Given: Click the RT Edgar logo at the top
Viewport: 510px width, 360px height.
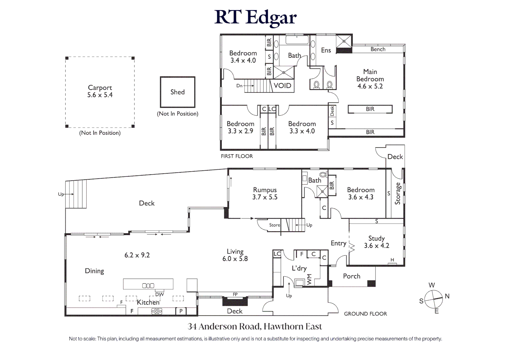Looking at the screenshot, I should click(x=255, y=17).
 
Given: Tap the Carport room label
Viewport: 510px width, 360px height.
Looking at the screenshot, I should click(x=100, y=87).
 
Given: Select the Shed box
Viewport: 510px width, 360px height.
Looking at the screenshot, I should click(x=177, y=92).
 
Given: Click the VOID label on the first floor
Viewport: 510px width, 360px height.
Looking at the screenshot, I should click(x=283, y=86).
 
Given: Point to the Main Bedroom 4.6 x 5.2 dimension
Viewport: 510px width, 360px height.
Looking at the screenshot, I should click(x=370, y=86).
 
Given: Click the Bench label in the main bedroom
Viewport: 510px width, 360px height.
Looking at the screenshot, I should click(x=378, y=49).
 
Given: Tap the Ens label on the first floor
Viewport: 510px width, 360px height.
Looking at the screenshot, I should click(x=326, y=50).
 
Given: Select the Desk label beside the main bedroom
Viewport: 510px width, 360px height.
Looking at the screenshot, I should click(x=332, y=111).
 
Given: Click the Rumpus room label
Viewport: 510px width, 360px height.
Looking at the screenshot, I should click(x=265, y=190).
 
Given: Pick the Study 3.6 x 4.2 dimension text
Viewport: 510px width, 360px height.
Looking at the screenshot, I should click(x=376, y=246).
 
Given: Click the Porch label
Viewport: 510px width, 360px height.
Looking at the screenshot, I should click(x=352, y=276).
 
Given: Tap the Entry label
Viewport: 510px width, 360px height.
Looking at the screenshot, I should click(x=338, y=243).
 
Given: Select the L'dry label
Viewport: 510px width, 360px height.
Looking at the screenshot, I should click(x=299, y=268).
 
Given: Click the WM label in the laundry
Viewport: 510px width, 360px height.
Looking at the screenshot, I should click(x=309, y=279).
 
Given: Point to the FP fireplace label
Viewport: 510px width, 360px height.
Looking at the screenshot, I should click(x=235, y=294).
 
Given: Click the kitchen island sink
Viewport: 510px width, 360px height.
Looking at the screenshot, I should click(x=148, y=286).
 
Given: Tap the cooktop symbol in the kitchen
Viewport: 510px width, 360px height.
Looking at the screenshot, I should click(x=157, y=311).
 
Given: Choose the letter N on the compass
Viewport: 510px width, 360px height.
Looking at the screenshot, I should click(x=447, y=296).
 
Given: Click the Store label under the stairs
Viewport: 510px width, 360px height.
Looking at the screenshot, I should click(x=275, y=225).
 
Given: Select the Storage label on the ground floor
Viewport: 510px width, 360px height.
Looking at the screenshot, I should click(x=398, y=193).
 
